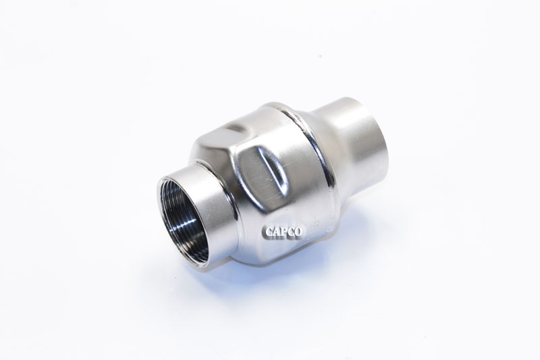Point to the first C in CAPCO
pos(266,232)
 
